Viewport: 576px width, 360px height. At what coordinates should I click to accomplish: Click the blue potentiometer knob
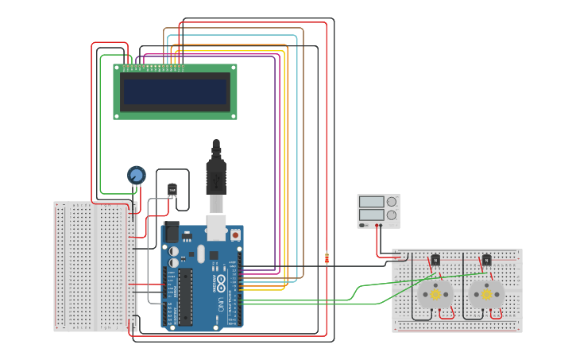[x=137, y=175]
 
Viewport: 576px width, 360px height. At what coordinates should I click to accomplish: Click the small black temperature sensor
[x=172, y=189]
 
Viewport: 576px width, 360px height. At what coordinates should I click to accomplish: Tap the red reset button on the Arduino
[x=235, y=235]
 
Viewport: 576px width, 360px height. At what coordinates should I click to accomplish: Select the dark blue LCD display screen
[x=175, y=91]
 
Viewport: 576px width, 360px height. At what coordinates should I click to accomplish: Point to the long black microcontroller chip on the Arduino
[x=184, y=297]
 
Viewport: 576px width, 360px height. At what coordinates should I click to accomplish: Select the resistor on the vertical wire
[x=327, y=257]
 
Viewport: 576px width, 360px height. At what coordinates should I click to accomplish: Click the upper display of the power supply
[x=371, y=202]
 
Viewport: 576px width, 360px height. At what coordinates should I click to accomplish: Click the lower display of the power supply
[x=371, y=215]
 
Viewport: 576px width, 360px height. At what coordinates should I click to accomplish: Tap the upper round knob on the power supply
[x=391, y=202]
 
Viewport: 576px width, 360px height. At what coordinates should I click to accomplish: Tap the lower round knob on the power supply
[x=391, y=215]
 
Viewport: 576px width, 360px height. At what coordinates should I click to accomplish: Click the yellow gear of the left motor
[x=435, y=294]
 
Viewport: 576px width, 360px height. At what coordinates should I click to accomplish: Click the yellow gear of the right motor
[x=486, y=294]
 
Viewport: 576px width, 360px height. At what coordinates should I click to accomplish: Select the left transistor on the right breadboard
[x=435, y=260]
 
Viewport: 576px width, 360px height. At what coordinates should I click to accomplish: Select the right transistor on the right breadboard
[x=486, y=260]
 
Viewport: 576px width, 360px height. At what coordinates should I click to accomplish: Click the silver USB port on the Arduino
[x=216, y=226]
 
